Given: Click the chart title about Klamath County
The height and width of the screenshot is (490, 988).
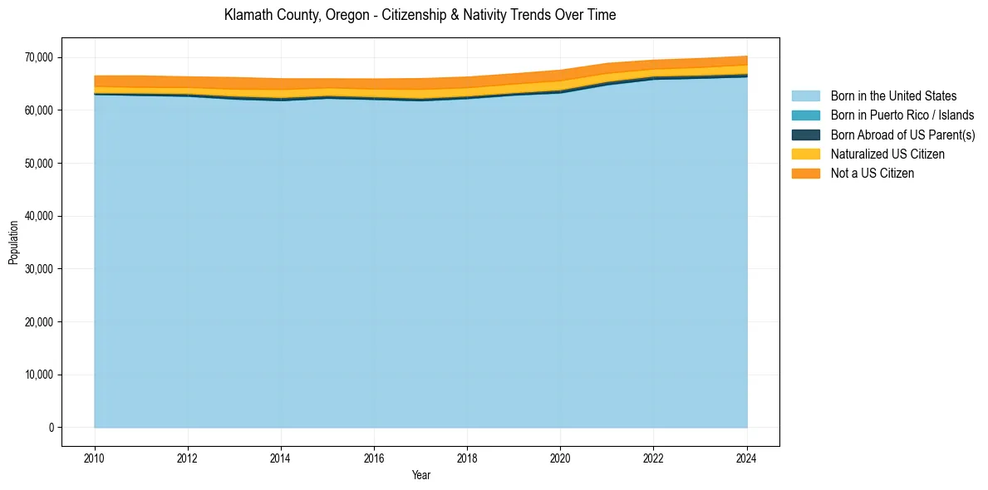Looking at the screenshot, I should coord(420,15).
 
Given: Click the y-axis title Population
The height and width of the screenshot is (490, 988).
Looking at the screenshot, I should coord(13,243).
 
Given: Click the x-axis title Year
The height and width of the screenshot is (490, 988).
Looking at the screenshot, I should coord(420,475).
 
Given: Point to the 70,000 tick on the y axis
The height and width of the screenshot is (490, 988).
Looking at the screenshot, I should coord(38,57).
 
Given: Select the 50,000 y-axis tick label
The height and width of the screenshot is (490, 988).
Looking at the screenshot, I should coord(38,164).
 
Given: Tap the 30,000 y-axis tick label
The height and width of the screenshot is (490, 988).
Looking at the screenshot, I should coord(38,269).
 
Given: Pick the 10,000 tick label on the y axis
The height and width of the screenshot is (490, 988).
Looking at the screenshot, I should coord(38,375).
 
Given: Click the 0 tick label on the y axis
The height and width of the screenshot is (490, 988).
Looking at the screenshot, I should coord(51,428).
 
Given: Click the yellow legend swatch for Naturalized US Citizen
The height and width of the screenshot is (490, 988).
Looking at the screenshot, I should coord(805,154).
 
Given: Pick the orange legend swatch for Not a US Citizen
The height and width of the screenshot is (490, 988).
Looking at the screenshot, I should coord(805,174).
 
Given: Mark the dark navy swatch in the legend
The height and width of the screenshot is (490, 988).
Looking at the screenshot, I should coord(805,135).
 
